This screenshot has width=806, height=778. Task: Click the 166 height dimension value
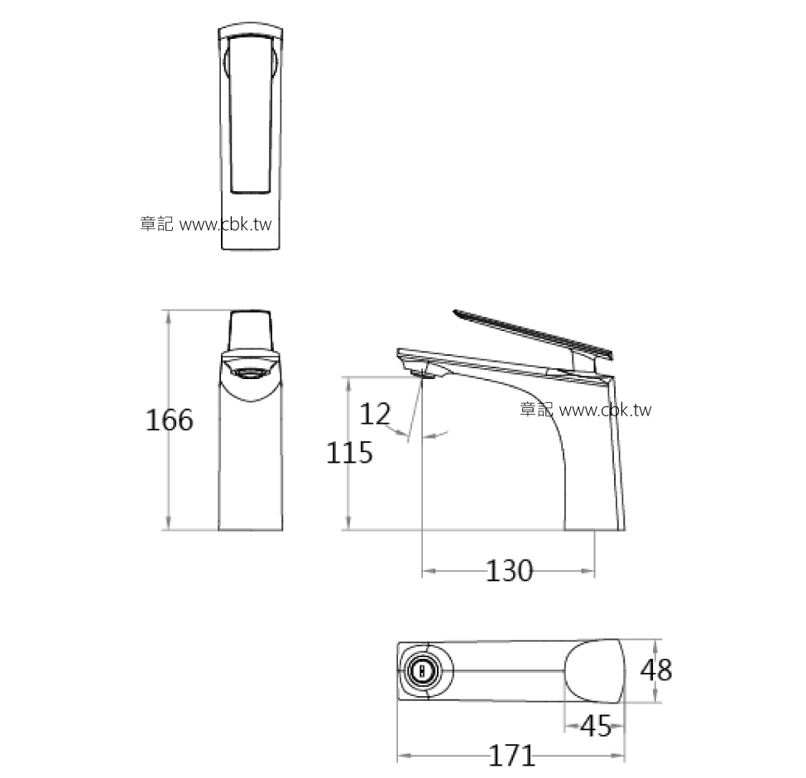pyautogui.click(x=170, y=420)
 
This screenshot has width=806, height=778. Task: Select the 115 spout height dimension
pyautogui.click(x=349, y=453)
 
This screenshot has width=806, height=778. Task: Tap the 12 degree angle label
pyautogui.click(x=375, y=413)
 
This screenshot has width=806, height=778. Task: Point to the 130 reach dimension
pyautogui.click(x=509, y=571)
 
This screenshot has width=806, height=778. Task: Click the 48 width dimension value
pyautogui.click(x=656, y=670)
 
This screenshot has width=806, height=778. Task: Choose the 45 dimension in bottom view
pyautogui.click(x=596, y=726)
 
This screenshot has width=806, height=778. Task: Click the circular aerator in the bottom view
pyautogui.click(x=423, y=670)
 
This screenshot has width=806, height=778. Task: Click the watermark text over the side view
pyautogui.click(x=586, y=410)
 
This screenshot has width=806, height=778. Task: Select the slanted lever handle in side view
pyautogui.click(x=533, y=334)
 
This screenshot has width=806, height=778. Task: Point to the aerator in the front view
pyautogui.click(x=250, y=372)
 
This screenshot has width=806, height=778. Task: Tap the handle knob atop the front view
pyautogui.click(x=250, y=331)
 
